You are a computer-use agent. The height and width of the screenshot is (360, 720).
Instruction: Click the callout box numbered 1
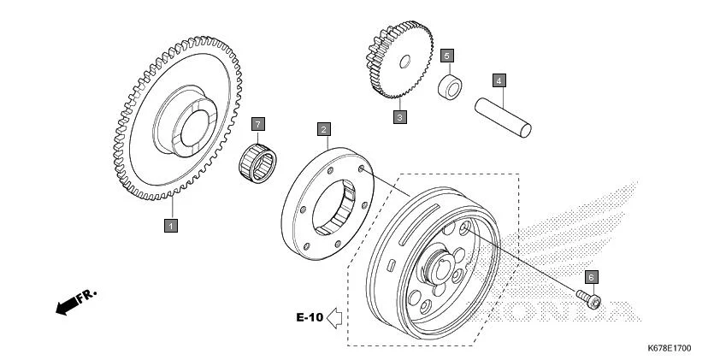[x=171, y=226]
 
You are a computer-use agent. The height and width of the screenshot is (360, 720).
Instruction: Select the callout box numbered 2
[x=324, y=130]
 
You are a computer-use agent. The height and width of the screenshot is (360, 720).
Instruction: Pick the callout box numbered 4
[x=499, y=81]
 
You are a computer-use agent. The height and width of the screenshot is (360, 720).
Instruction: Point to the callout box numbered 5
[x=446, y=56]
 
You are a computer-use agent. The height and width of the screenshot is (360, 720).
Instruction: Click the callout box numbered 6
[x=591, y=277]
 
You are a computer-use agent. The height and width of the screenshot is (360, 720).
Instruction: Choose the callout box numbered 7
[x=257, y=125]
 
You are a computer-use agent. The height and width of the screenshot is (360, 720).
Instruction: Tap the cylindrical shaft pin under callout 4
[x=504, y=118]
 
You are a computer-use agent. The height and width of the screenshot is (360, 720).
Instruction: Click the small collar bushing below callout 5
[x=450, y=87]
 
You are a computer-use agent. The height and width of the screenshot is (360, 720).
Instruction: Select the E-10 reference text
[x=310, y=318]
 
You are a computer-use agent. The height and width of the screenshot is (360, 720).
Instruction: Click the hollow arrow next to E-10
[x=335, y=318]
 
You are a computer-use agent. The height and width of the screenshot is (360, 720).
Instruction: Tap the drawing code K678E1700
[x=670, y=349]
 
